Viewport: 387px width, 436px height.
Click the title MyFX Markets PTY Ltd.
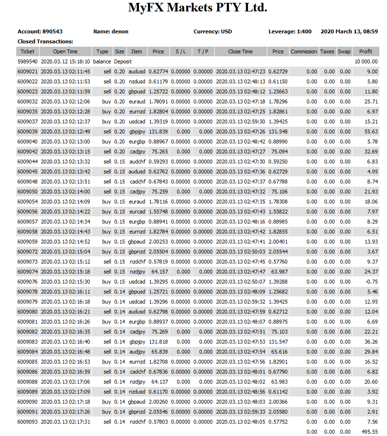click(198, 8)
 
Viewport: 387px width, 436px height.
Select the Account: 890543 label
click(40, 31)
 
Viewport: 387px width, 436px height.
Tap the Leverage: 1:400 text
click(290, 31)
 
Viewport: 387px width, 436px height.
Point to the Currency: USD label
click(213, 31)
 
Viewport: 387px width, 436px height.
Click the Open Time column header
click(65, 51)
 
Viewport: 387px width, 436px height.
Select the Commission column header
click(303, 51)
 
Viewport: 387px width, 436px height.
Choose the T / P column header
click(203, 51)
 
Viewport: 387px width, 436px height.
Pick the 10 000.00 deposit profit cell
click(366, 61)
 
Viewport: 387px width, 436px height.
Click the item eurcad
click(136, 212)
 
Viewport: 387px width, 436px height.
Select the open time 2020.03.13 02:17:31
click(65, 422)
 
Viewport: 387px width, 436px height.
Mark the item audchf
click(136, 162)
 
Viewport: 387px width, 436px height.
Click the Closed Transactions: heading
click(45, 41)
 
